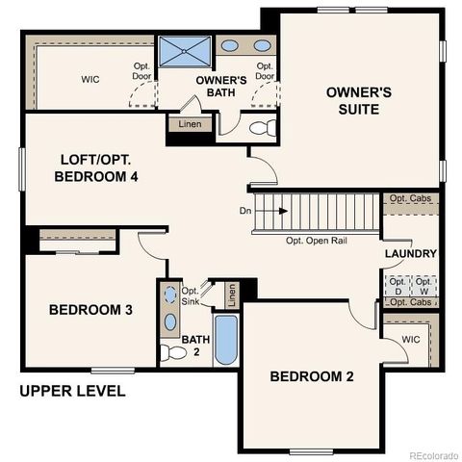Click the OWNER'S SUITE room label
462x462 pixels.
(358, 101)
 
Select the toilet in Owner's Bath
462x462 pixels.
(262, 127)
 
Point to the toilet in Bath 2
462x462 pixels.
(172, 352)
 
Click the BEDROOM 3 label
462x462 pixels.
(90, 310)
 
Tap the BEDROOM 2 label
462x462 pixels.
(311, 376)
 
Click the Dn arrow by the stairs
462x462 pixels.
(254, 210)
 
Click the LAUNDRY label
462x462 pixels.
(411, 254)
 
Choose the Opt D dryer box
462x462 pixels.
(398, 285)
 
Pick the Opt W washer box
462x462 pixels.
(424, 285)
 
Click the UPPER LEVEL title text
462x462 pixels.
(73, 392)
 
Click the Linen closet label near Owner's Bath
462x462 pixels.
(190, 125)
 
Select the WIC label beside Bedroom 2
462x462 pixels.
(411, 339)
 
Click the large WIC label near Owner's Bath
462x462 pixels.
(90, 79)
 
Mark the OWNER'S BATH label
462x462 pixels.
(222, 85)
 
